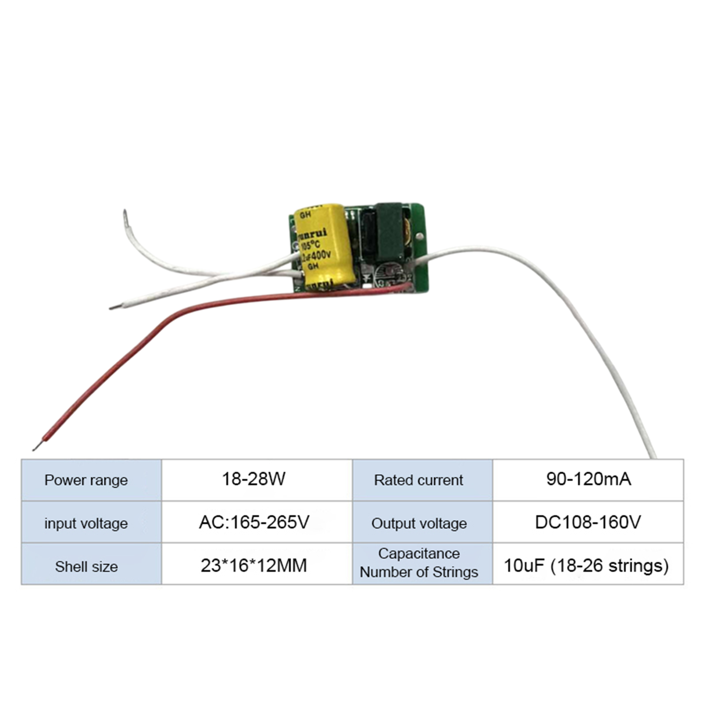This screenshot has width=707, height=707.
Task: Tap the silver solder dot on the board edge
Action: (419, 237)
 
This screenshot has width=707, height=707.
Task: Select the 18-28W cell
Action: (254, 479)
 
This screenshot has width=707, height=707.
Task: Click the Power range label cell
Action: (86, 480)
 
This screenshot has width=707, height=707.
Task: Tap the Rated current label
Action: (418, 480)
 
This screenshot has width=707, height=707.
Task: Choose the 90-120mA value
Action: (589, 479)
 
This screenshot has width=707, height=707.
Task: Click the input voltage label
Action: (86, 523)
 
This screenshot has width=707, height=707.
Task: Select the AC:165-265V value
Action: (254, 522)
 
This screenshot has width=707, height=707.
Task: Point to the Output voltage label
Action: (419, 523)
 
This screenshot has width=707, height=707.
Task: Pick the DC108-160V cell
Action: (588, 522)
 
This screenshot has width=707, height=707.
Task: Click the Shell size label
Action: (86, 566)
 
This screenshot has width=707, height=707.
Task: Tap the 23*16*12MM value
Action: (254, 566)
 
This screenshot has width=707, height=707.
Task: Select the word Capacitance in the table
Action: (419, 553)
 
